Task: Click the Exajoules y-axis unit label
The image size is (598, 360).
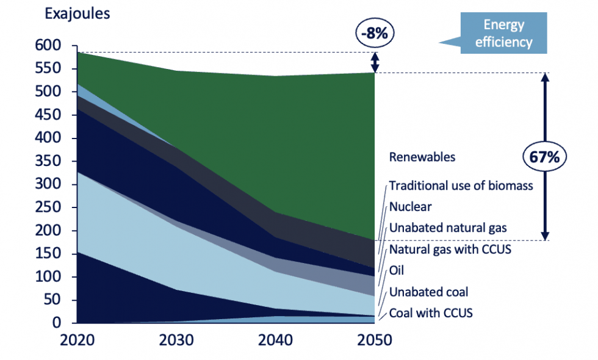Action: point(76,13)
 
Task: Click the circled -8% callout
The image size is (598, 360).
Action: point(374,34)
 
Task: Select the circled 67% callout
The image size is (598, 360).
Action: point(544,157)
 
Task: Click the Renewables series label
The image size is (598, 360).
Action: point(422,157)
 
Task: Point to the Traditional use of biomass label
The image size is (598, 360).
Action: point(461,185)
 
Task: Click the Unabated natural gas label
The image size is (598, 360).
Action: point(448,228)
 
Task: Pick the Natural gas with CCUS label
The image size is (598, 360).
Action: point(450,249)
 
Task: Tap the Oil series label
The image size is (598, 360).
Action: point(397,270)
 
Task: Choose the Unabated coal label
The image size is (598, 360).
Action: point(428,292)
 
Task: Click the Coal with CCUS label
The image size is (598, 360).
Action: point(431,313)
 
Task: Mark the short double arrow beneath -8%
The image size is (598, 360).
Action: point(375,62)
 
